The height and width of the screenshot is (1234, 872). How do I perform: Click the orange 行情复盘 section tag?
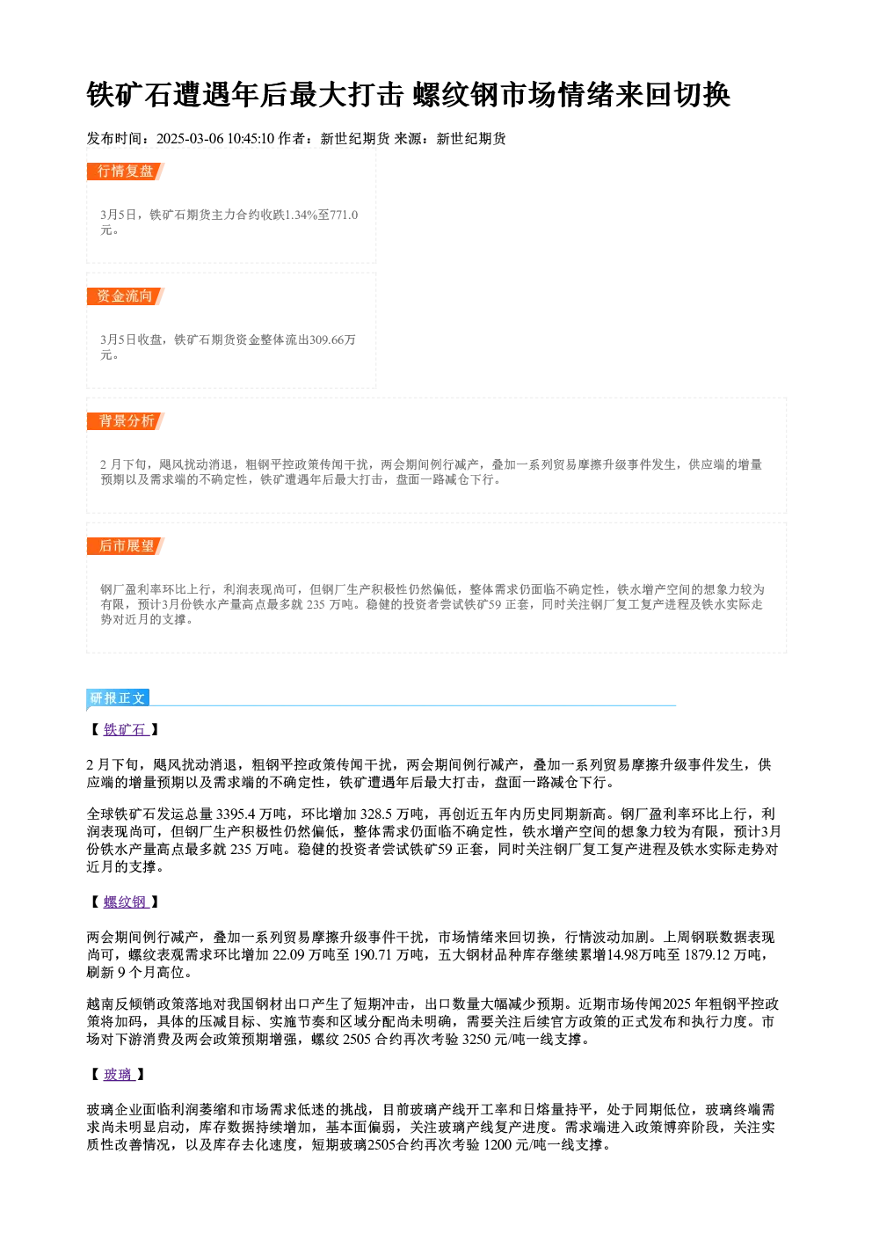pyautogui.click(x=126, y=172)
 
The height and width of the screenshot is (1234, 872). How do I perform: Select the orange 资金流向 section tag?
pyautogui.click(x=126, y=296)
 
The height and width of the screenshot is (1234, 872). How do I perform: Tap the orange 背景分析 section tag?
pyautogui.click(x=126, y=421)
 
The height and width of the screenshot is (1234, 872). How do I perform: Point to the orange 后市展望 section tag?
pyautogui.click(x=126, y=546)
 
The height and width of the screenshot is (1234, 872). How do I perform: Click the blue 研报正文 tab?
pyautogui.click(x=118, y=698)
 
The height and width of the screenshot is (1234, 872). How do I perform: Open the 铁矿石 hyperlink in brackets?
pyautogui.click(x=126, y=730)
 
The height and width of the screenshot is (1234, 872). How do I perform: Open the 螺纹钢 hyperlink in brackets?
pyautogui.click(x=126, y=902)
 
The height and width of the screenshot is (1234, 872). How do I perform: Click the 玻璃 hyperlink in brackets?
pyautogui.click(x=119, y=1075)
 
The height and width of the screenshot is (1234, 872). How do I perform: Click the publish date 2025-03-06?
pyautogui.click(x=190, y=139)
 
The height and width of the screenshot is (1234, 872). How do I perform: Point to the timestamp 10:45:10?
pyautogui.click(x=251, y=139)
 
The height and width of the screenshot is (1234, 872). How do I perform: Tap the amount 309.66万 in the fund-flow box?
pyautogui.click(x=332, y=340)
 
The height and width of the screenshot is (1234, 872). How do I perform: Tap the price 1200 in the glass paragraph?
pyautogui.click(x=498, y=1145)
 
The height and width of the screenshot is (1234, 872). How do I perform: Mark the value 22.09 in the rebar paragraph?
pyautogui.click(x=288, y=954)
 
